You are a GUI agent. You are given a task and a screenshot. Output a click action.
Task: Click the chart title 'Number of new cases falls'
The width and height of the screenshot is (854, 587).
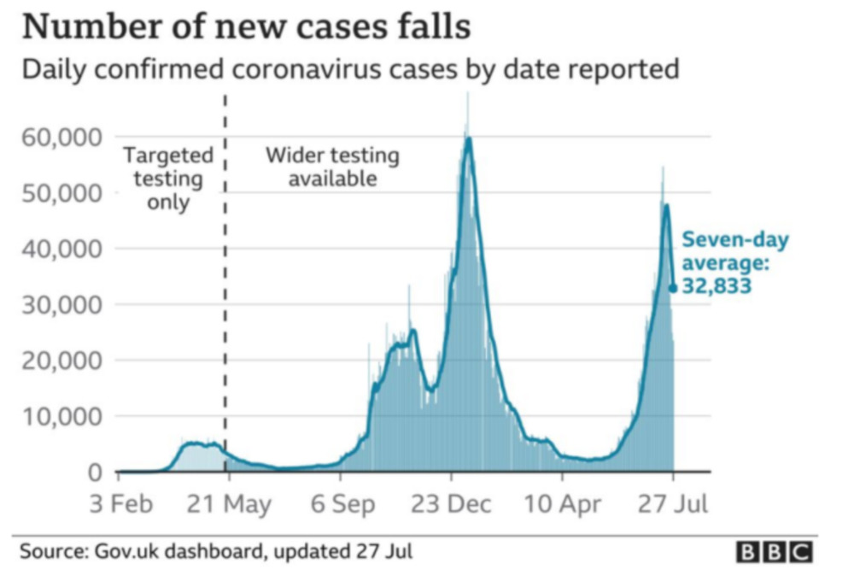(x=246, y=26)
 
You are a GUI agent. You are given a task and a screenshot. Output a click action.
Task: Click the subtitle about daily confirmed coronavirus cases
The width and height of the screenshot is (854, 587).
(x=350, y=69)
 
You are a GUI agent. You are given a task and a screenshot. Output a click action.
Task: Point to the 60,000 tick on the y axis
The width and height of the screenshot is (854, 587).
(x=61, y=137)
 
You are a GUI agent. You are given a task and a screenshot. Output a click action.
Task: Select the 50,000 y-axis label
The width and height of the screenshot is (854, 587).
(x=61, y=192)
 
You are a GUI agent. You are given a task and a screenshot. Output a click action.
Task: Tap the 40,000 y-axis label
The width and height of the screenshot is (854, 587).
(x=61, y=249)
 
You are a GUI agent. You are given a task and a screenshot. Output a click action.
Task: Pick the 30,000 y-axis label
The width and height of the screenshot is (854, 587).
(x=61, y=305)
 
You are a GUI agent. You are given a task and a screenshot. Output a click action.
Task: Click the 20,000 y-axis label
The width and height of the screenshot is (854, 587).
(x=61, y=361)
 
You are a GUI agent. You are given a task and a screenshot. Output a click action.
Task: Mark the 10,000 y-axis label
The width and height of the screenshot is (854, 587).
(x=61, y=417)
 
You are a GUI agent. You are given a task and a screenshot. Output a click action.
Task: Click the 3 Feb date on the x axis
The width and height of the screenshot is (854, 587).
(x=122, y=504)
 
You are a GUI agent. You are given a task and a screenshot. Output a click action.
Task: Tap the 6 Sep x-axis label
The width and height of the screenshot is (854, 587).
(x=342, y=504)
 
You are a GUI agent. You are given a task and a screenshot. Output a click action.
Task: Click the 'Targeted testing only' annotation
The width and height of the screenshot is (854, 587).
(x=168, y=179)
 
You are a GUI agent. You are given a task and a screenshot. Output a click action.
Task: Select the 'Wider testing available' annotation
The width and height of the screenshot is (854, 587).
(x=332, y=167)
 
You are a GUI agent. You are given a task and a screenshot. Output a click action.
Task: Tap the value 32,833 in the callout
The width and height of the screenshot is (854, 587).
(x=717, y=287)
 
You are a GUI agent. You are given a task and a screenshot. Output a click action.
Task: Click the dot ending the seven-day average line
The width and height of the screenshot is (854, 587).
(x=673, y=289)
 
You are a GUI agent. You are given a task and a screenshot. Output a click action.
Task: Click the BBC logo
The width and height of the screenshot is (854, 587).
(x=775, y=552)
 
